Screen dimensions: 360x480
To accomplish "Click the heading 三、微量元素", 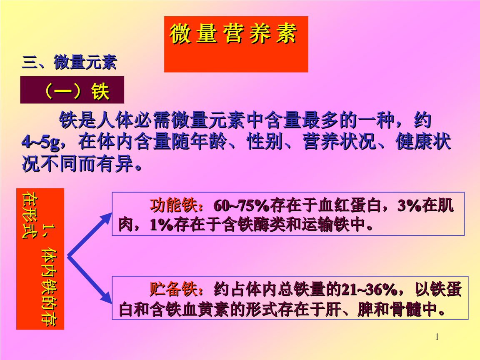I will pos(69,62).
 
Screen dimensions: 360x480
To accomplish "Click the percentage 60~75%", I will pos(242,206).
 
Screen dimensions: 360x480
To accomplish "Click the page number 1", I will pos(437,337).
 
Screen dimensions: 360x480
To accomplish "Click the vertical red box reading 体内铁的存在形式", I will pos(40,259).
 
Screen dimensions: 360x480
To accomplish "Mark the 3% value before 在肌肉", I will pos(409,206).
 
